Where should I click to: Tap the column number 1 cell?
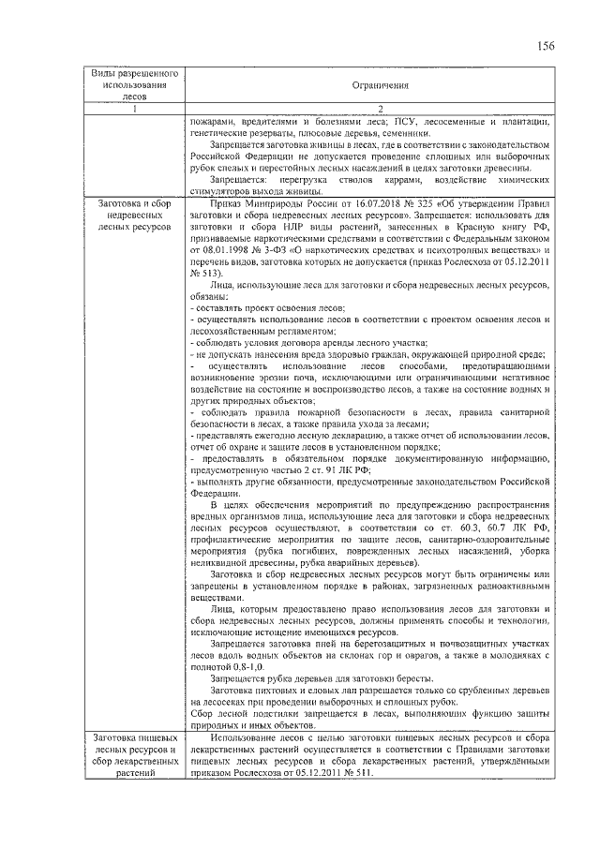click(134, 110)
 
